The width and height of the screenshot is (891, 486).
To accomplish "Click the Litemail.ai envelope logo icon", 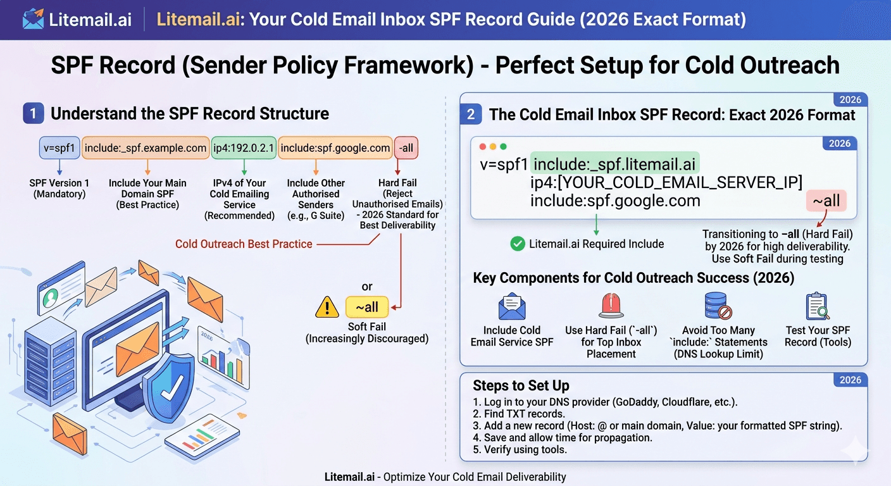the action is [33, 19].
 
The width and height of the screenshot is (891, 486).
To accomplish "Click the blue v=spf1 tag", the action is [59, 148].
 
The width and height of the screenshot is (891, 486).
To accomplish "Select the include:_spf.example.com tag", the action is [146, 148].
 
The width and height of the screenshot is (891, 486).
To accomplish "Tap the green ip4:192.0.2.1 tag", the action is [244, 148].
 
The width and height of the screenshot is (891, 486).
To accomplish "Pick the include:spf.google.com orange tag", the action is [335, 148].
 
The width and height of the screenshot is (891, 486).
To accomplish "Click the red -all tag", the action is [406, 148].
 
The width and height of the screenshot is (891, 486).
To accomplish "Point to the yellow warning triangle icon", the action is [327, 308].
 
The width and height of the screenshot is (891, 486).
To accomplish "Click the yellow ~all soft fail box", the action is [367, 308].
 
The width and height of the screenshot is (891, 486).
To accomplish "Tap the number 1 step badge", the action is [33, 114].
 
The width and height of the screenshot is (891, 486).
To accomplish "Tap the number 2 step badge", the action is [471, 115].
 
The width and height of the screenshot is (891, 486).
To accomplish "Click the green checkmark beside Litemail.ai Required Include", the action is [518, 244].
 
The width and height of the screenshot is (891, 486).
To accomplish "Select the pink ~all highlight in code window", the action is [826, 201].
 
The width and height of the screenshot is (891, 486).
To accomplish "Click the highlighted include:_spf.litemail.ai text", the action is [614, 165].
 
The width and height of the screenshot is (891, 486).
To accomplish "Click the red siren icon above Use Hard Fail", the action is [611, 306].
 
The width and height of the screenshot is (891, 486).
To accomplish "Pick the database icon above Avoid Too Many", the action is [718, 306].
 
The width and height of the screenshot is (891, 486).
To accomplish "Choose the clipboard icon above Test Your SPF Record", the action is [818, 306].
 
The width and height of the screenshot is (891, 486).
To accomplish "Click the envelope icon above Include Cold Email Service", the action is [512, 307].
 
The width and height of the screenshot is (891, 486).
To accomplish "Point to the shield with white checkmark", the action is [168, 385].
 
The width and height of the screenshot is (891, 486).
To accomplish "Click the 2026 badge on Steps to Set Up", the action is [850, 380].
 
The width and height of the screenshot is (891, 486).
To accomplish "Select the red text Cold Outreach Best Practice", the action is [244, 244].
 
